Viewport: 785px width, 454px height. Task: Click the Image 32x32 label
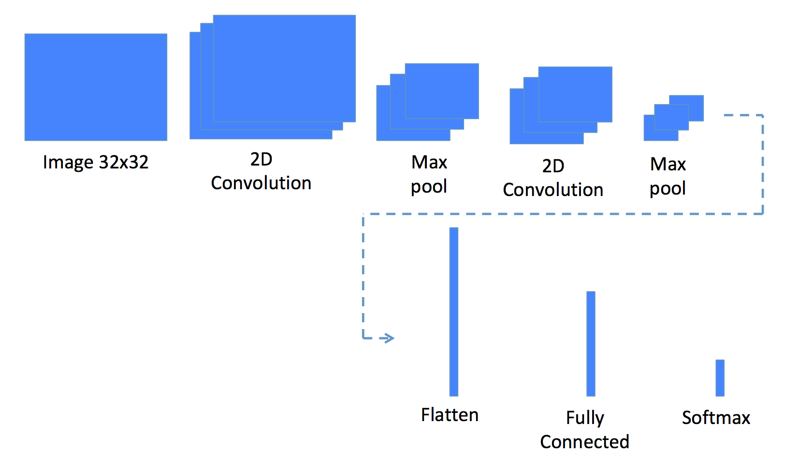point(96,163)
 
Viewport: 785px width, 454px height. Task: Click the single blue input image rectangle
point(96,87)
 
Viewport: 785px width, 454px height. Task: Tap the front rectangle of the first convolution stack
point(284,68)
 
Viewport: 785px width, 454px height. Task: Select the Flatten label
point(450,415)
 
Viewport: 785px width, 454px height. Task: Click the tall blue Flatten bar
point(454,312)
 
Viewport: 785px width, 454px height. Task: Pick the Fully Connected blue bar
point(591,344)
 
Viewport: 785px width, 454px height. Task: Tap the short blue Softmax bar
point(720,378)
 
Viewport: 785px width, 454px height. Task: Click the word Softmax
point(716,418)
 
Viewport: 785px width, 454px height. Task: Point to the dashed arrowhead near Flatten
point(387,338)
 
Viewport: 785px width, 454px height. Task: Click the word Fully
point(585,418)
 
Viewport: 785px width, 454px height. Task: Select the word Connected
point(584,441)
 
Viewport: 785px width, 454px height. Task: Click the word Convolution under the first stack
point(261,183)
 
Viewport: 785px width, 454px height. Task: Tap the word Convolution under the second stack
point(553,189)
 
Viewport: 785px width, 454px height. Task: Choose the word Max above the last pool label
point(668,164)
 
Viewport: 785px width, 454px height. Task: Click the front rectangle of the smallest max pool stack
point(686,108)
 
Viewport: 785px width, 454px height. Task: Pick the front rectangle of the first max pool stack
point(442,91)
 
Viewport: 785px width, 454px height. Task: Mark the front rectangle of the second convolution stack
point(575,94)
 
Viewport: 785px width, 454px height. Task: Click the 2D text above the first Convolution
point(261,159)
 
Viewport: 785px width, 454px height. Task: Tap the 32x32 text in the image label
point(124,162)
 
